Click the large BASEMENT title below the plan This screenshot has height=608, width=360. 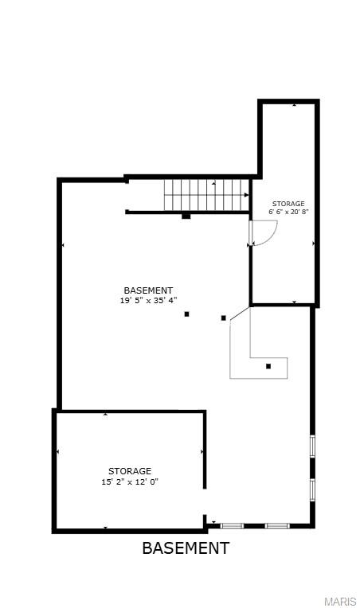[186, 548]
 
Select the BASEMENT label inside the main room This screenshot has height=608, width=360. [148, 290]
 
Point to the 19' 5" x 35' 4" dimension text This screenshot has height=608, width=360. [148, 301]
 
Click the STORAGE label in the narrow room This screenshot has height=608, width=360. [288, 205]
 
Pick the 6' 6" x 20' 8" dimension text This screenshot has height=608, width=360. [288, 212]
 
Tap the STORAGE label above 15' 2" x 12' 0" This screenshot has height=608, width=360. [130, 471]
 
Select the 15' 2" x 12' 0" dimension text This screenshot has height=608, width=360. [130, 481]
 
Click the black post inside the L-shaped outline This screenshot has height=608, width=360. [268, 366]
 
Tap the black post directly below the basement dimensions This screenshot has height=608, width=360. [187, 314]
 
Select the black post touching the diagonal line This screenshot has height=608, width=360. [224, 318]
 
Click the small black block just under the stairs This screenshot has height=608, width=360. [186, 216]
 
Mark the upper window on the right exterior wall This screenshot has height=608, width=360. [312, 446]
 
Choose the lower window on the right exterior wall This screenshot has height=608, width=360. [312, 488]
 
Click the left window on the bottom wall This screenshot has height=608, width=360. [232, 525]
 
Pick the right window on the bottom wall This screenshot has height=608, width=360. [276, 525]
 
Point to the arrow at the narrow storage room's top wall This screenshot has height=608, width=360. [294, 104]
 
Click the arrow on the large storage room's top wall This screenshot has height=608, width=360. [106, 414]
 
